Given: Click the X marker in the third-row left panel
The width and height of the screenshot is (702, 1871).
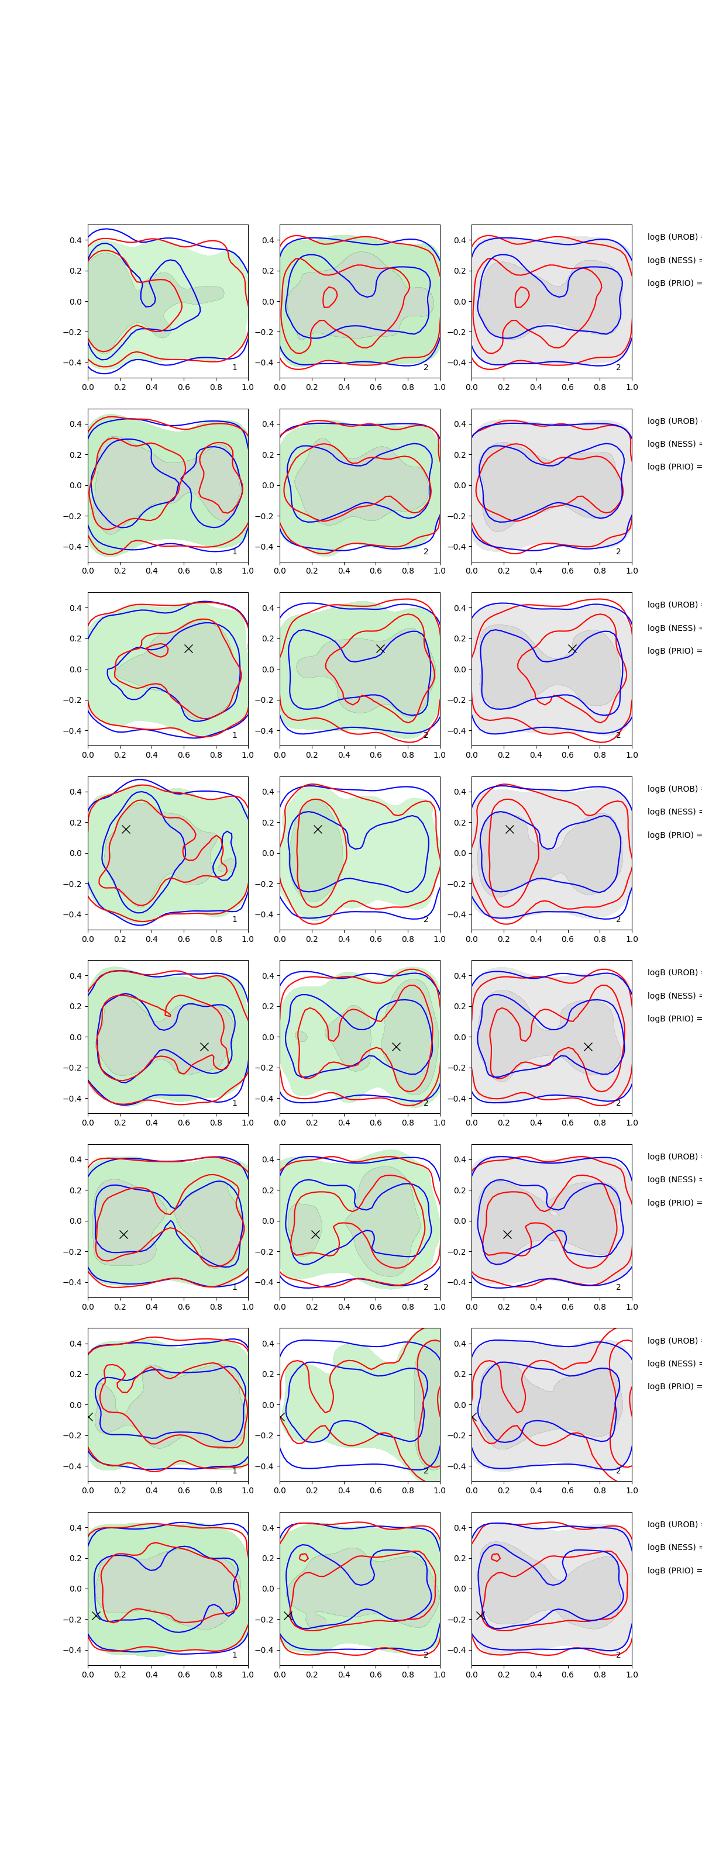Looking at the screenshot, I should point(188,648).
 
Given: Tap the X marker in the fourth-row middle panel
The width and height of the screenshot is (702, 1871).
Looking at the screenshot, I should point(318,829).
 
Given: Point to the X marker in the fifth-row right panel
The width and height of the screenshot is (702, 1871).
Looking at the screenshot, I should point(588,1047).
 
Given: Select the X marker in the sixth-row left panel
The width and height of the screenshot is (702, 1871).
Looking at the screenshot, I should point(123,1234).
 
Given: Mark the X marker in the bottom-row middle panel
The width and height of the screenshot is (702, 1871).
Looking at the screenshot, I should point(288,1615).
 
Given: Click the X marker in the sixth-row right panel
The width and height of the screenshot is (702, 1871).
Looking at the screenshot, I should point(507,1234).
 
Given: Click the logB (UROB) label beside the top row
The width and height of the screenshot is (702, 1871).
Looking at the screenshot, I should point(673,237).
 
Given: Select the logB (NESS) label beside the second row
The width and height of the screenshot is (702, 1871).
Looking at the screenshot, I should point(673,444).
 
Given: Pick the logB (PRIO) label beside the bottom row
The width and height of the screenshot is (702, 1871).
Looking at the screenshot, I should point(673,1570).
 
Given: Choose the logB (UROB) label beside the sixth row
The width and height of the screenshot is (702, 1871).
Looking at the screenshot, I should point(673,1157).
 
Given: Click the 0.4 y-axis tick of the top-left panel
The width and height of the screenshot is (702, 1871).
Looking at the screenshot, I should point(75,240).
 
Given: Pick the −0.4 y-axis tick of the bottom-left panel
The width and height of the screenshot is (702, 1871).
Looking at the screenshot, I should point(73,1649).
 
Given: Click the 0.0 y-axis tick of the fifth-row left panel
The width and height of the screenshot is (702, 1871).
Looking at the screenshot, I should point(75,1037).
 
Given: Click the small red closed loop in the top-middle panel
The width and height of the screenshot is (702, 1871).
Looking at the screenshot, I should point(330,296).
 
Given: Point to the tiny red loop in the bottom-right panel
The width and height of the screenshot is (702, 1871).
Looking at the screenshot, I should point(495,1557).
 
